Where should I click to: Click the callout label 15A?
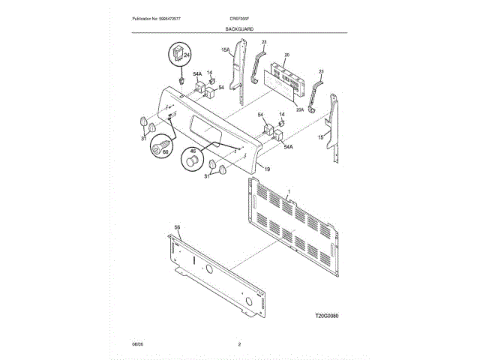coord(224,50)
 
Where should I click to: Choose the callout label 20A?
coord(300,109)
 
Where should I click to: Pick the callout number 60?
coord(165,153)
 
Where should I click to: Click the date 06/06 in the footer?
coord(137,344)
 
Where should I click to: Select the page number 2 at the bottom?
coord(238,344)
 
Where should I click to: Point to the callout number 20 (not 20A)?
coord(286,55)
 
